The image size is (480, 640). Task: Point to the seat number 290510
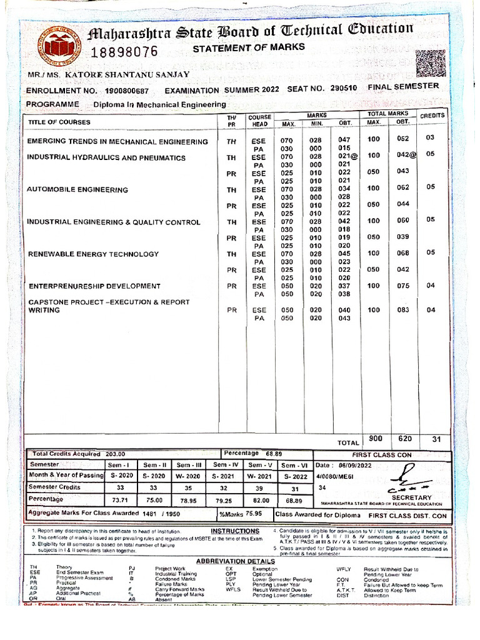(x=344, y=89)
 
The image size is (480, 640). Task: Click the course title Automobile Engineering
(x=77, y=189)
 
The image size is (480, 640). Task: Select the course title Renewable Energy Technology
(x=93, y=254)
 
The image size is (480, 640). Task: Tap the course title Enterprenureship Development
(x=94, y=286)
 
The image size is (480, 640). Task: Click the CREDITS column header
(x=432, y=116)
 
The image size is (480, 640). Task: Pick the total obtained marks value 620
(x=404, y=439)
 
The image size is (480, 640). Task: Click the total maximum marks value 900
(x=376, y=439)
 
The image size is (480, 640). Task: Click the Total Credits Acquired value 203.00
(x=115, y=454)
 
